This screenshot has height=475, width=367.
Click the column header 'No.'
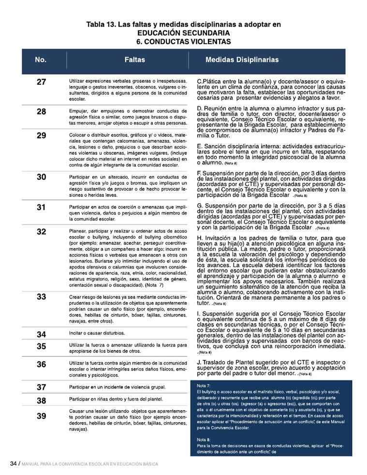click(x=41, y=60)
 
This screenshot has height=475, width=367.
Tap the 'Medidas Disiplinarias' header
click(x=242, y=60)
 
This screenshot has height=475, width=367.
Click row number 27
click(x=41, y=81)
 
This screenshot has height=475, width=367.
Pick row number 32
click(x=41, y=232)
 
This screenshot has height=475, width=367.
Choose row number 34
click(x=41, y=334)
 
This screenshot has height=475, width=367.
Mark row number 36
click(x=41, y=364)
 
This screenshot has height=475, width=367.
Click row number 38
click(x=41, y=401)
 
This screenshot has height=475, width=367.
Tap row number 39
click(x=41, y=416)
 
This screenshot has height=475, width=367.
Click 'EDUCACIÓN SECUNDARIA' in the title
click(x=183, y=33)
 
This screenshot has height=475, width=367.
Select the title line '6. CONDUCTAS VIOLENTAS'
click(x=183, y=42)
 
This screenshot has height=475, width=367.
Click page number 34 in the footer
click(x=14, y=463)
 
